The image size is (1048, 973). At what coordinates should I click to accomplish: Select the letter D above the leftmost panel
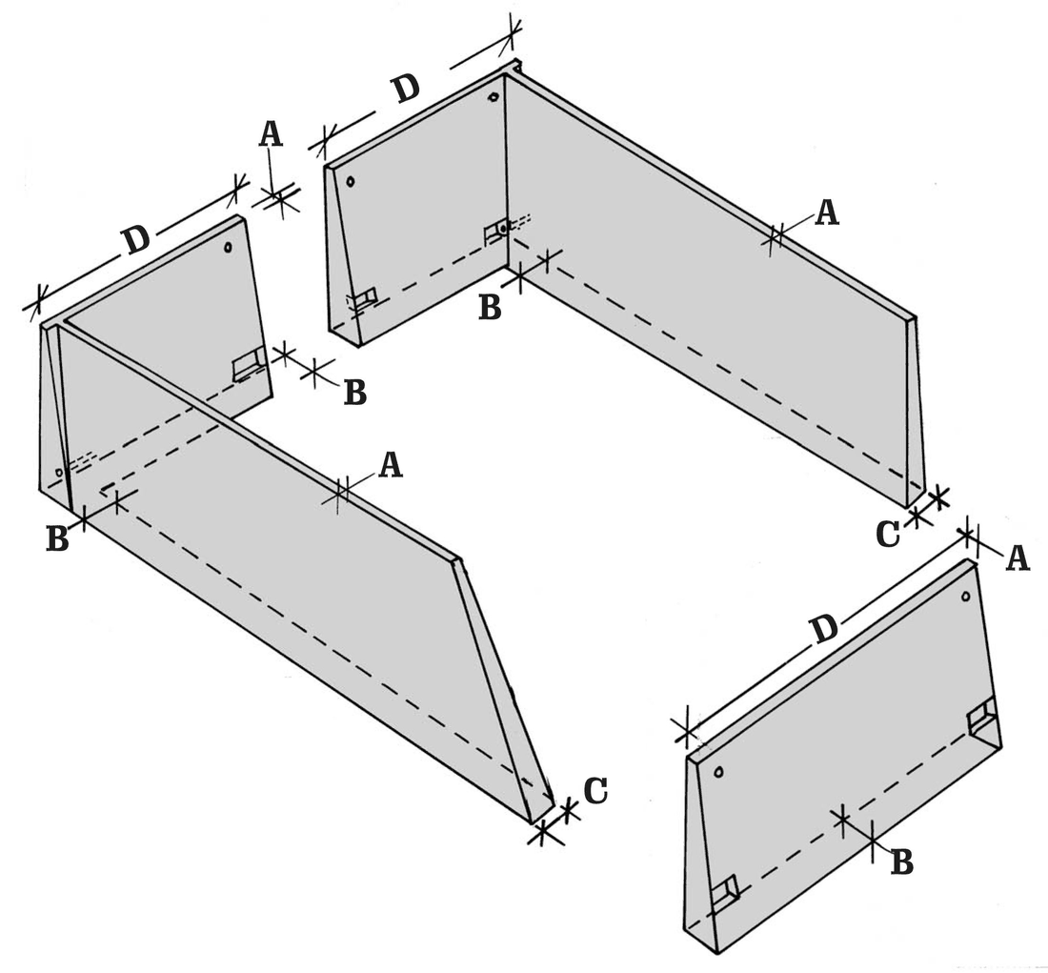point(135,241)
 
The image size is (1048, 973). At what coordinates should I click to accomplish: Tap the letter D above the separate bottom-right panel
point(824,629)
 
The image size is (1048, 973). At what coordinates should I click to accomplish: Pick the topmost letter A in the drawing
point(271,133)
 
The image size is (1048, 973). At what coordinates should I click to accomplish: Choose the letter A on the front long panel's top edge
point(391,465)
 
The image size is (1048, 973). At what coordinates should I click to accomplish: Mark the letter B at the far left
point(57,539)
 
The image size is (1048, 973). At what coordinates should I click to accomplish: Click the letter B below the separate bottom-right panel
point(902,862)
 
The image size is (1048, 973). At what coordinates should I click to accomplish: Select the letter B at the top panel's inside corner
point(490,308)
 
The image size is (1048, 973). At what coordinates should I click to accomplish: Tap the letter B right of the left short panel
point(355,394)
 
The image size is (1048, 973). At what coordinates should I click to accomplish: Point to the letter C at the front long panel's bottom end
point(595,790)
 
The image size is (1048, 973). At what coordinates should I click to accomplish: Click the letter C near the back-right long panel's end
point(888,535)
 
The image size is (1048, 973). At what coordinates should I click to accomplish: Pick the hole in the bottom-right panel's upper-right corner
point(965,596)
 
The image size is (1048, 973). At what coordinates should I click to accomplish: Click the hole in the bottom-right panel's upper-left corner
point(718,772)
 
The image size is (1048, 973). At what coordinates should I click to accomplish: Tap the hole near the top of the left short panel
point(228,248)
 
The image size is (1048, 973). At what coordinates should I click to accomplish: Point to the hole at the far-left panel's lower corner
point(59,473)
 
